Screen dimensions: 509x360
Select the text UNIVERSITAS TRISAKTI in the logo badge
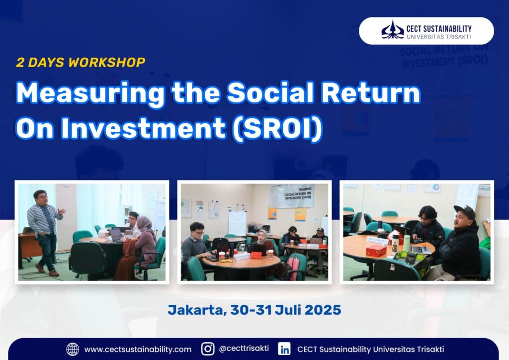pos(439,37)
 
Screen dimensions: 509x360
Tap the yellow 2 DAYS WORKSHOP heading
pos(81,62)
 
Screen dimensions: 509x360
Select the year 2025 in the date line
pos(323,310)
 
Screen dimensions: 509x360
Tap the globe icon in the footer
pos(73,349)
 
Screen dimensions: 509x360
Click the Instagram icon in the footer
pos(208,349)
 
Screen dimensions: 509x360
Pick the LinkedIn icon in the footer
pos(284,349)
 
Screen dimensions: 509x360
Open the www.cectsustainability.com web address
pos(138,349)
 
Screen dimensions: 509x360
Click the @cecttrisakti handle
pos(244,348)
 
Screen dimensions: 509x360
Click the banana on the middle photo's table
pos(227,261)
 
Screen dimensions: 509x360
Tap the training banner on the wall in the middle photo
pos(291,196)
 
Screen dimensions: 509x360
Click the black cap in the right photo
pos(465,211)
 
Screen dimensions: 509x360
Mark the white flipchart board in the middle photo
pos(237,223)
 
